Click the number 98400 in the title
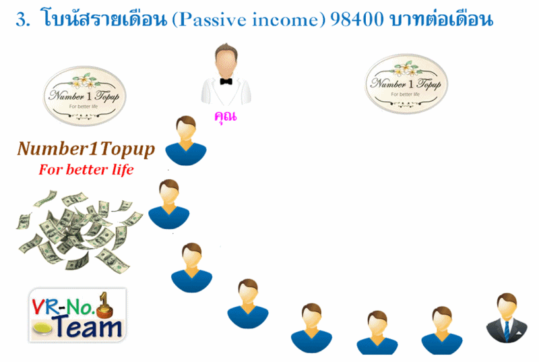point(357,20)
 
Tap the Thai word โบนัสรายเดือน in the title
point(104,18)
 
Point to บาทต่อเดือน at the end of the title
point(441,18)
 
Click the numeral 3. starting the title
point(23,20)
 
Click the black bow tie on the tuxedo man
point(226,82)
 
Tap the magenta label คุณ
point(226,116)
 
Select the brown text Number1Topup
point(86,150)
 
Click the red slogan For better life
point(86,169)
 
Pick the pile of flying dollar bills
point(78,231)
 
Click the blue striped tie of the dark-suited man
point(507,330)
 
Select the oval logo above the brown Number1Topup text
point(85,96)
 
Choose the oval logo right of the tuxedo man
point(406,84)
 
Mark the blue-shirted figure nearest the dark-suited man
point(442,330)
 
